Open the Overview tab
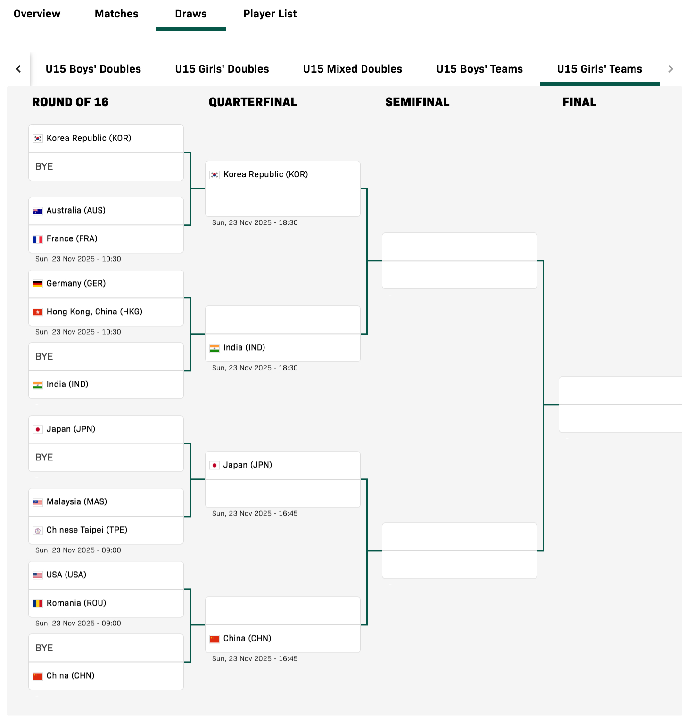[37, 14]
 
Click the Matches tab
[116, 14]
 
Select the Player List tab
[270, 14]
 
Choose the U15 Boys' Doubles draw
[93, 69]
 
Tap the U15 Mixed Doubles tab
[353, 69]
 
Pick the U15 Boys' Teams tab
[479, 69]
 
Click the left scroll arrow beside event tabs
[18, 69]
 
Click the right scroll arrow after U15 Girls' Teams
[671, 69]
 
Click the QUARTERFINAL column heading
[253, 102]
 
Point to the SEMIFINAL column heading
[417, 102]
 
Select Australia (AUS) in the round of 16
[76, 211]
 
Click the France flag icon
[38, 239]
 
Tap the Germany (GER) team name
[76, 284]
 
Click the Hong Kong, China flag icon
[38, 312]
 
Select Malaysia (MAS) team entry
[77, 502]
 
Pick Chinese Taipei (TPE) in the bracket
[87, 530]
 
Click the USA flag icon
[38, 575]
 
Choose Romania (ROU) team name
[76, 603]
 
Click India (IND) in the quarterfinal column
[244, 348]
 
